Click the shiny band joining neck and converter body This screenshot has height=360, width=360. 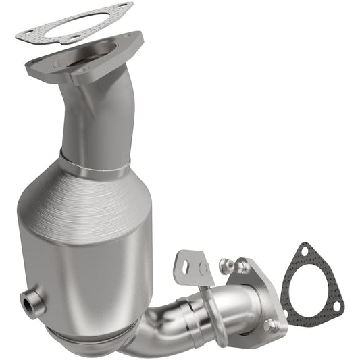coord(95,166)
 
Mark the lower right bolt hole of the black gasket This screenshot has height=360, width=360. coord(336,309)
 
